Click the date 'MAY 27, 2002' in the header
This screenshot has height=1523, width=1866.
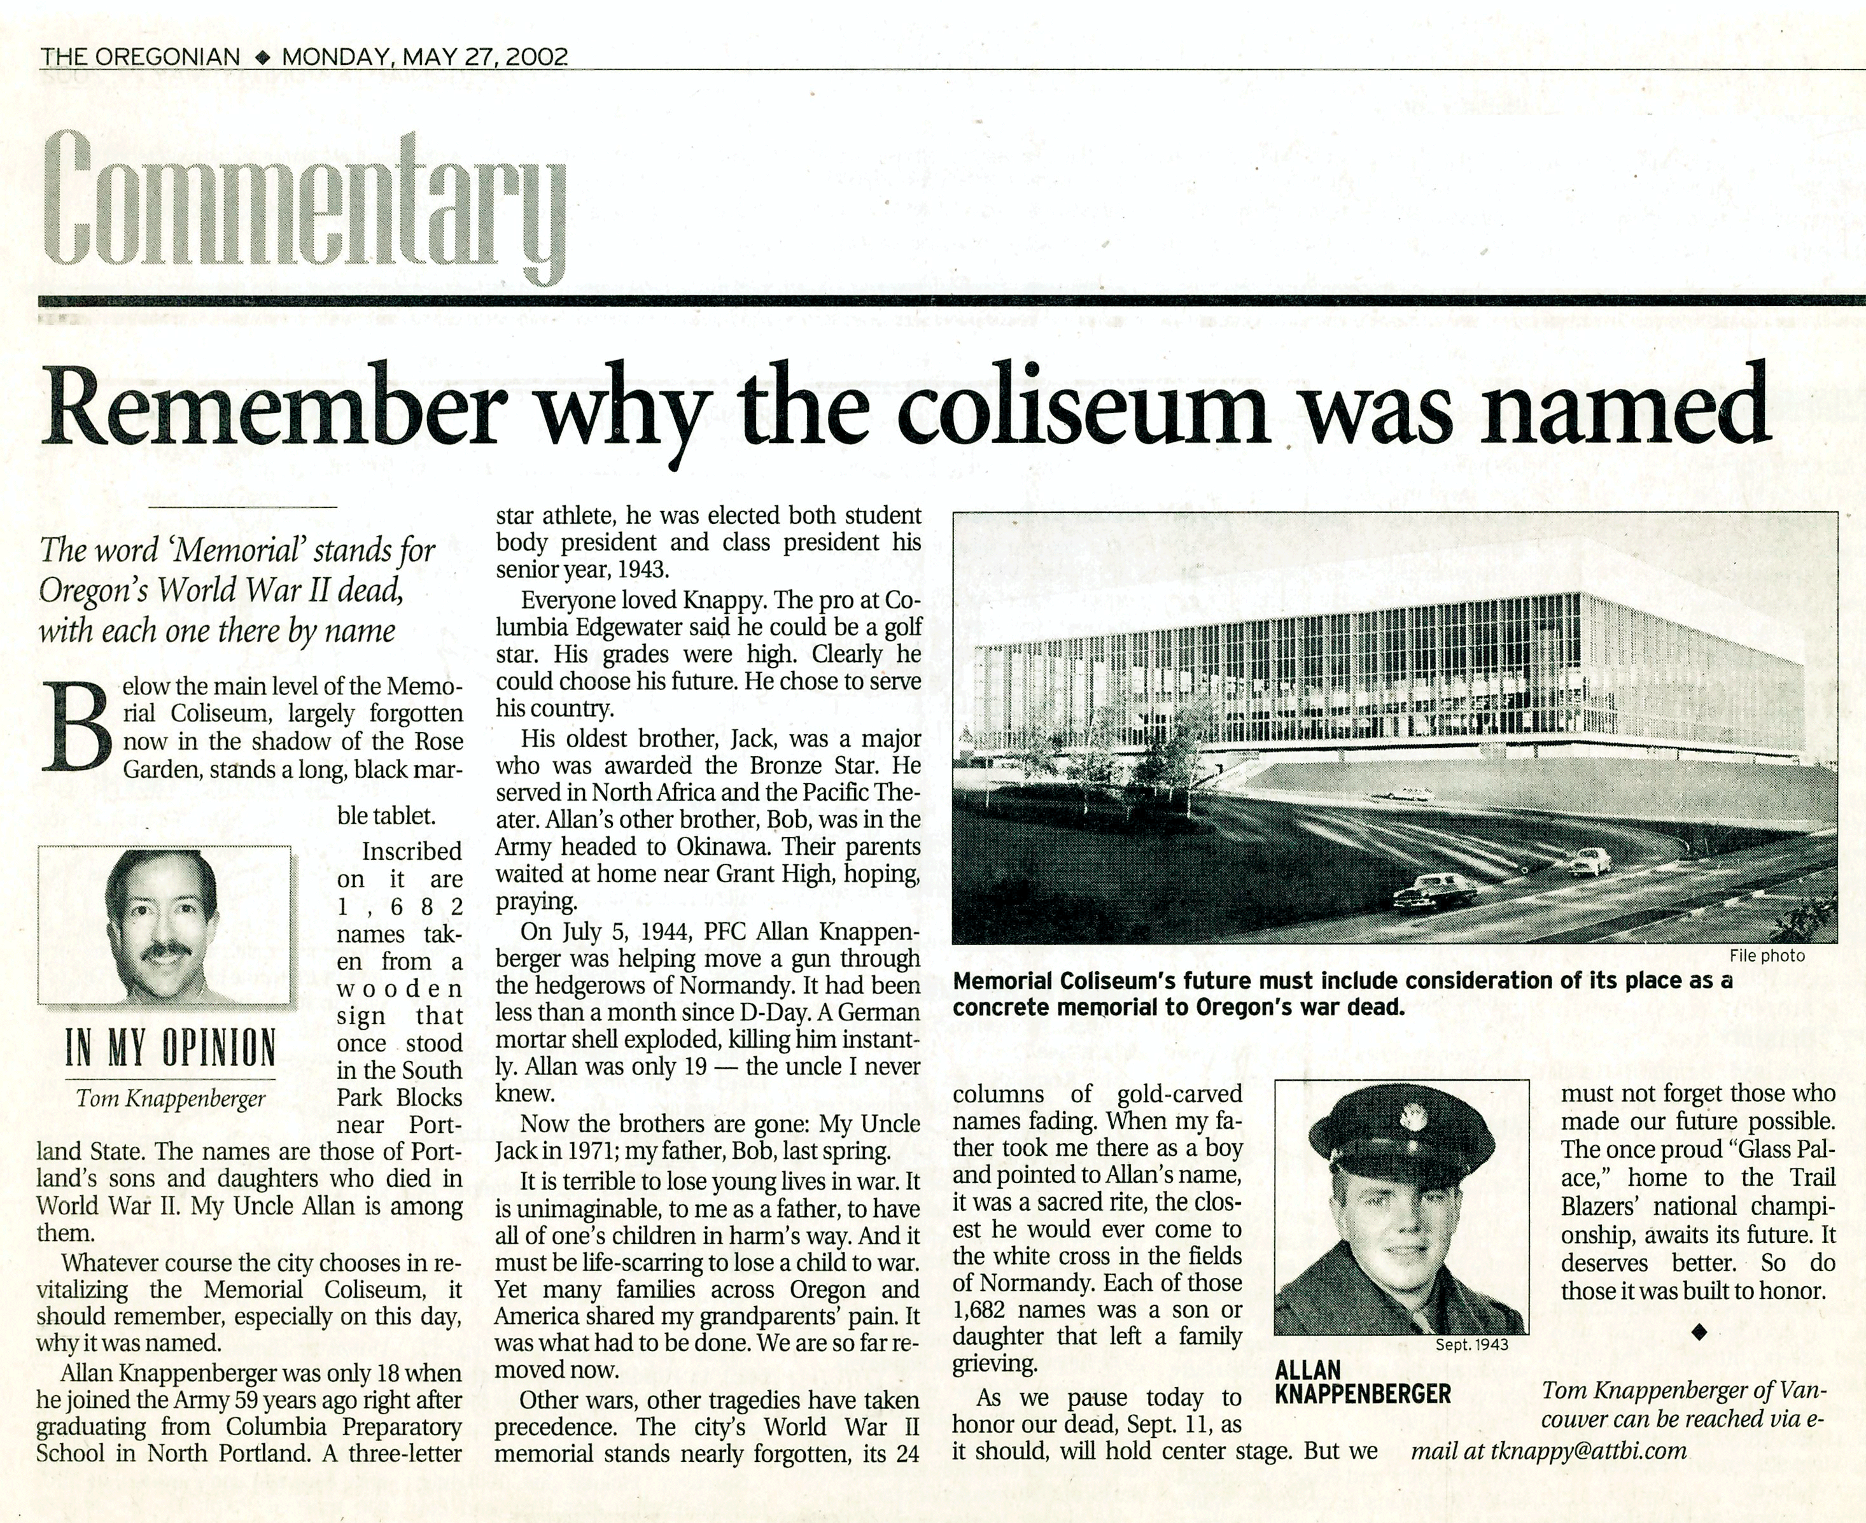click(484, 57)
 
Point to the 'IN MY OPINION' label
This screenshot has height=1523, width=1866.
click(170, 1048)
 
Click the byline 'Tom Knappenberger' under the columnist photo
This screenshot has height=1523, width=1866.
click(170, 1098)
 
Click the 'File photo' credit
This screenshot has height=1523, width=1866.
click(1767, 955)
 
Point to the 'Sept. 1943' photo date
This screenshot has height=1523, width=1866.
click(1471, 1344)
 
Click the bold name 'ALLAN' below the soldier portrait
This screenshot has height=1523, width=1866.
click(1307, 1370)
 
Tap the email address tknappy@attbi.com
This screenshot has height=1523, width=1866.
click(1589, 1451)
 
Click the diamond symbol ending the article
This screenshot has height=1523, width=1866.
click(1699, 1331)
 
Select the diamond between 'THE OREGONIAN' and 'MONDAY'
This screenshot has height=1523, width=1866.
click(260, 58)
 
